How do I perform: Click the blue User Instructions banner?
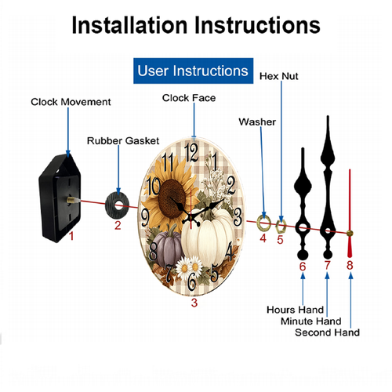pos(193,71)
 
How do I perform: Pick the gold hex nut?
pos(281,226)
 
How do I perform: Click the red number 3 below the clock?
pos(194,303)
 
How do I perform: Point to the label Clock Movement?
pos(71,102)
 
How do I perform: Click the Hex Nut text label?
pos(279,76)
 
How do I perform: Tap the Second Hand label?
pos(327,332)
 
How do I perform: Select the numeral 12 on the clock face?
pos(191,153)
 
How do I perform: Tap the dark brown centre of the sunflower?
pos(172,198)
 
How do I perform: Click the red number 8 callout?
pos(350,265)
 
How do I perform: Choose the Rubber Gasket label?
pos(123,141)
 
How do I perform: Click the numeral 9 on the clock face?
pos(145,218)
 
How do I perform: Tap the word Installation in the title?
pos(129,25)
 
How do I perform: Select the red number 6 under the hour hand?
pos(303,267)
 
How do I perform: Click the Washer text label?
pos(257,122)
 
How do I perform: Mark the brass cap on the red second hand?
pos(350,233)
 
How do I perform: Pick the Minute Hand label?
pos(311,321)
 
